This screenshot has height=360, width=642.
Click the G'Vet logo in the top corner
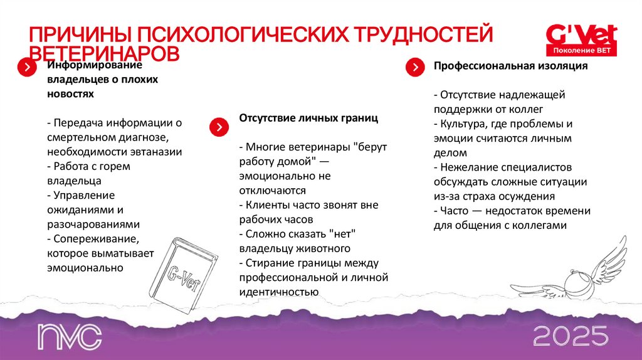581,39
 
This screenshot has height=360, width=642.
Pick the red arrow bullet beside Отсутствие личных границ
218,127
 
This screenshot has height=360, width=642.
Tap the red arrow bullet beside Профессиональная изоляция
414,67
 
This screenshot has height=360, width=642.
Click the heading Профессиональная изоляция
510,66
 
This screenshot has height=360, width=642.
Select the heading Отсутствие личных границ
308,118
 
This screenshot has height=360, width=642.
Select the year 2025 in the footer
571,336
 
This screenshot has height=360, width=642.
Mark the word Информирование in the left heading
95,66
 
